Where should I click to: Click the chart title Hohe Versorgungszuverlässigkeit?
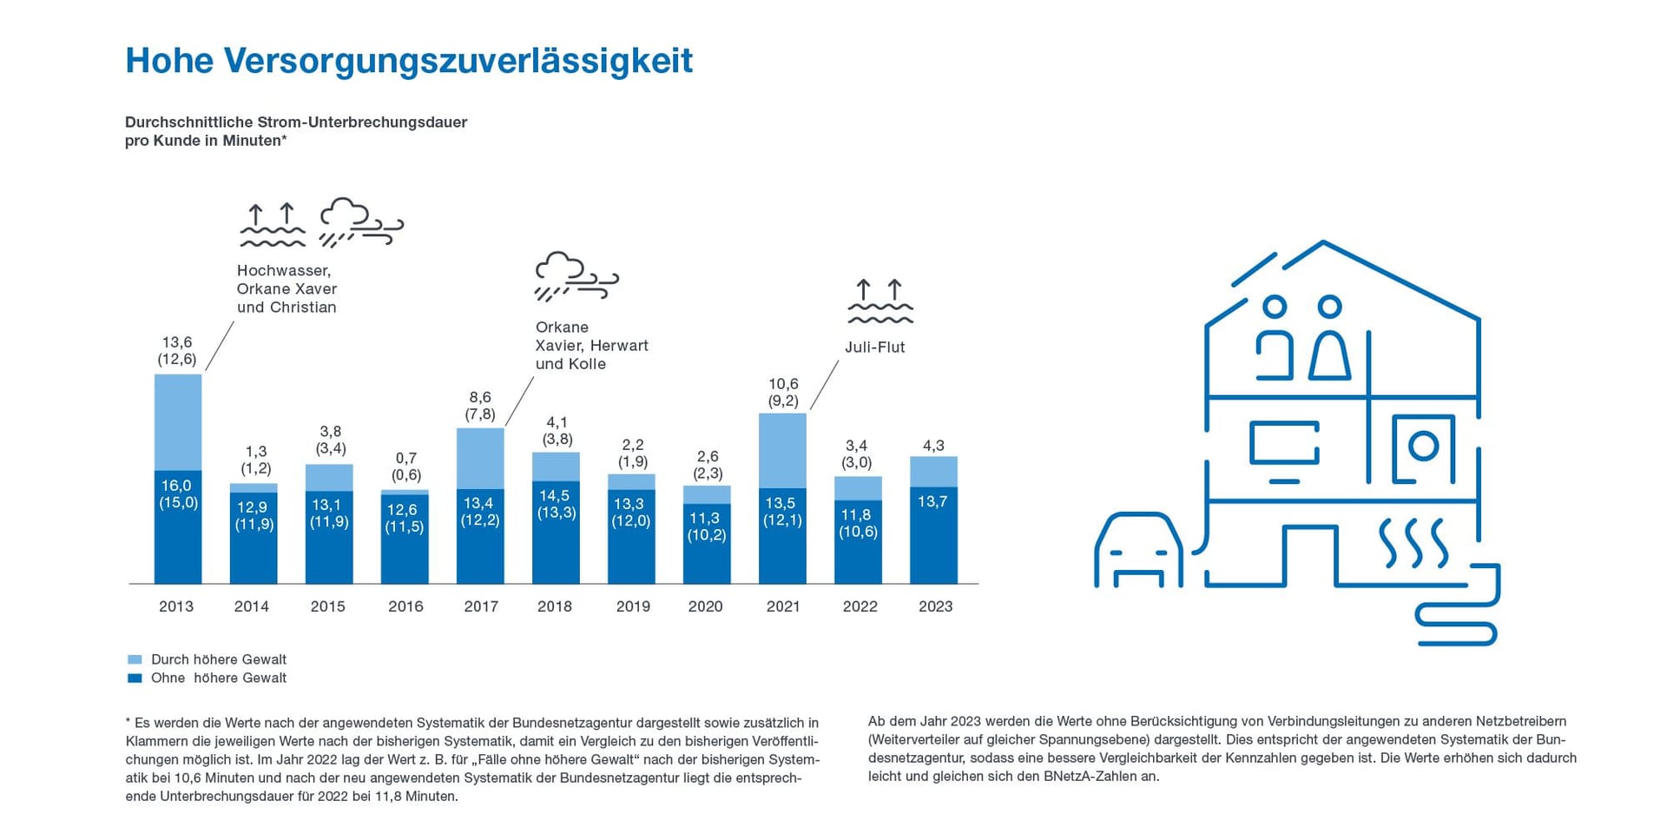click(x=409, y=61)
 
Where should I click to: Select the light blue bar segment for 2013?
click(x=178, y=421)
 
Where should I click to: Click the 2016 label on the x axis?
click(x=405, y=606)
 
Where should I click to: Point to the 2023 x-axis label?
click(x=935, y=606)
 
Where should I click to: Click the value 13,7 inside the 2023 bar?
click(x=932, y=501)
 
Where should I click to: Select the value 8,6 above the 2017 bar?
click(x=480, y=397)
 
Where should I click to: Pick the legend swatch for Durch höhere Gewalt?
click(x=135, y=659)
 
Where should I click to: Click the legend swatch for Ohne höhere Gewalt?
click(x=135, y=678)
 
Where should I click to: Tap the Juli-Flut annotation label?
click(x=874, y=347)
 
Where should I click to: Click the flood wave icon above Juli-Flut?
click(x=880, y=301)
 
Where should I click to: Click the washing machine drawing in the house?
click(x=1423, y=448)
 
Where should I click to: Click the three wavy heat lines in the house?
click(x=1413, y=543)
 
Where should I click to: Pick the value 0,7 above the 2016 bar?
click(x=405, y=458)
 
